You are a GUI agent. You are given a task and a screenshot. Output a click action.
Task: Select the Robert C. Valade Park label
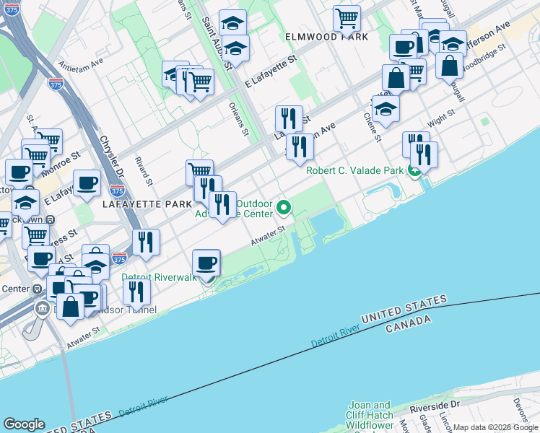[x=354, y=171]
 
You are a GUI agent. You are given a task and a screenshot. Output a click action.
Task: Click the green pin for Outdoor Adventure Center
[x=284, y=208]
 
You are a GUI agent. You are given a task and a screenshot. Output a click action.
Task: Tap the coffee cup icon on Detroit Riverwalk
[x=206, y=263]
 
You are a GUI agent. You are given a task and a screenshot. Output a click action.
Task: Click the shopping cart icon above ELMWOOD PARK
[x=347, y=19]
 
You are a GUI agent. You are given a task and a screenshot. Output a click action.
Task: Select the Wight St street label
[x=440, y=114]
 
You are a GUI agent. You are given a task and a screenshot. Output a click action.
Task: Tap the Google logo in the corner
[x=24, y=424]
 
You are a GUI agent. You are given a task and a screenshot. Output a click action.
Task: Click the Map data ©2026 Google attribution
[x=495, y=427]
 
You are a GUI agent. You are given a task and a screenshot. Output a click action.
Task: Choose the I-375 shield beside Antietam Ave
[x=56, y=84]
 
